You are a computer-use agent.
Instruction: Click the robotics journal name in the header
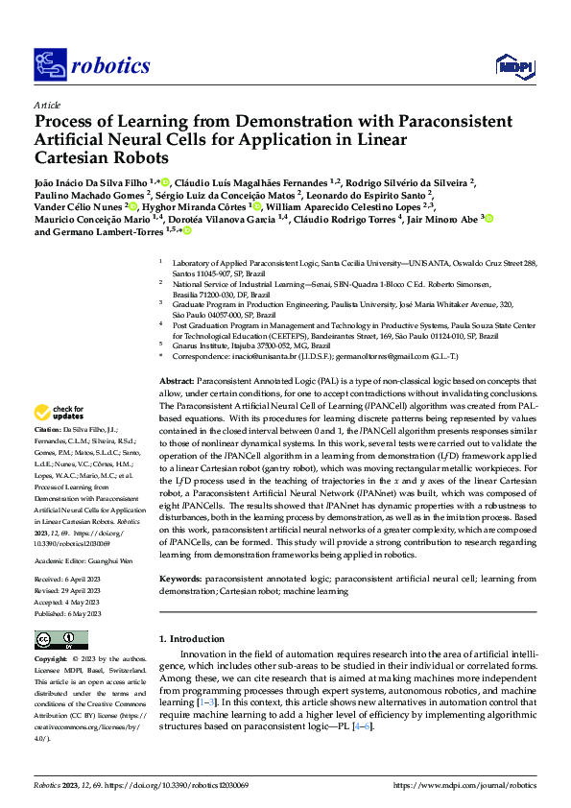110,65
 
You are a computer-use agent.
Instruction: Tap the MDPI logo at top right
512,64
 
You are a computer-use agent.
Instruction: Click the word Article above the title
47,105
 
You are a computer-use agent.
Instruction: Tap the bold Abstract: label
178,382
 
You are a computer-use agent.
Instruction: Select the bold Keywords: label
180,580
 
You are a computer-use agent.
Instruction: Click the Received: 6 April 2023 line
71,579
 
